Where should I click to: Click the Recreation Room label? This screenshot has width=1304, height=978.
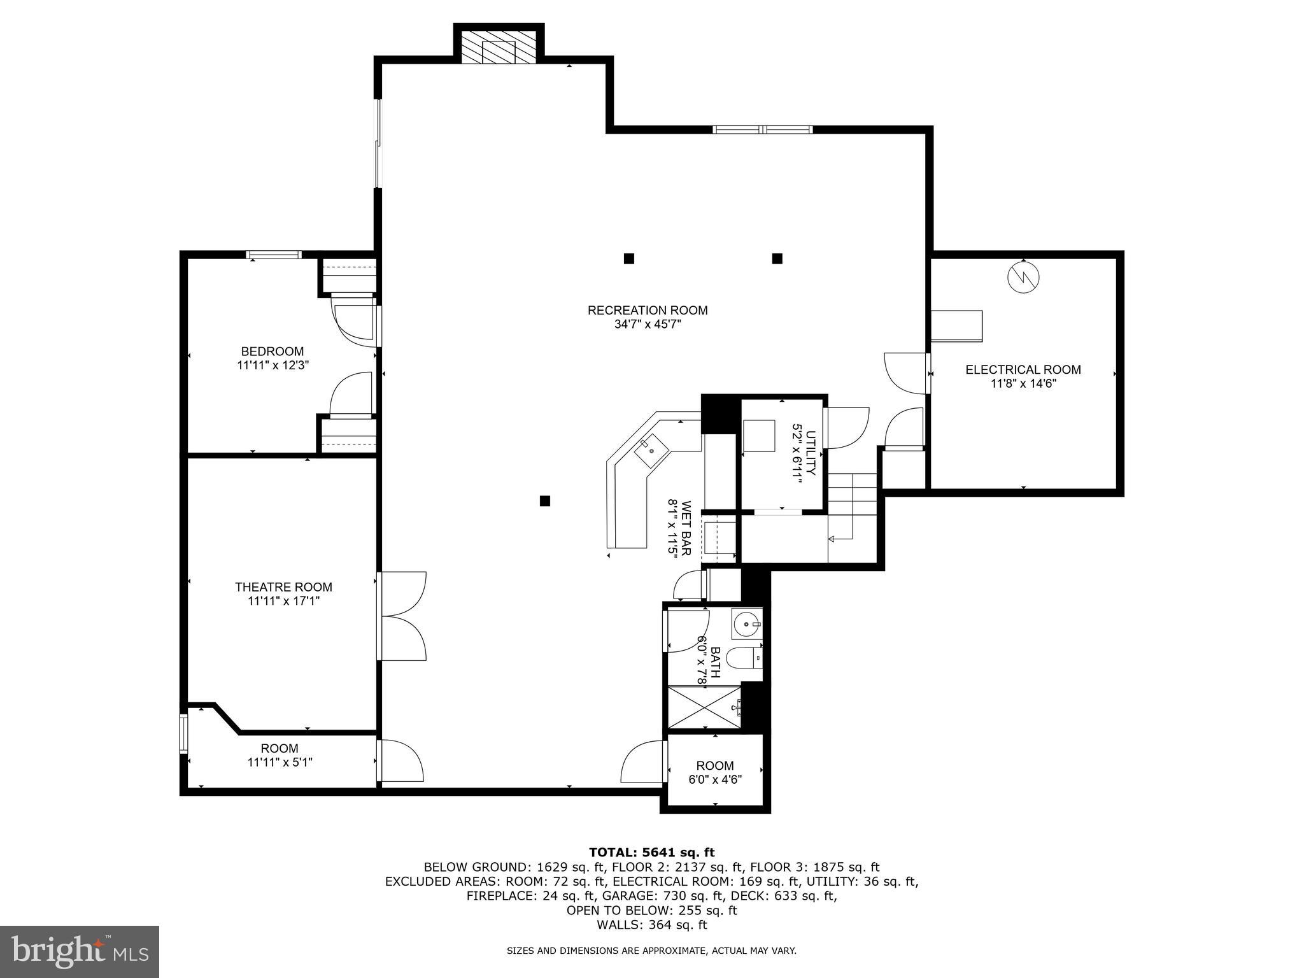[647, 310]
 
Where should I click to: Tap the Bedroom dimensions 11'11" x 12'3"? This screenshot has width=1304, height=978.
[273, 365]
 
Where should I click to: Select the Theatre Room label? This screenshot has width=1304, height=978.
[283, 586]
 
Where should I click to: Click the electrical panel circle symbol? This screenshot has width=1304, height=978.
[1023, 278]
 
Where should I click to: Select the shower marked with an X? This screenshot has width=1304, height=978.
[704, 706]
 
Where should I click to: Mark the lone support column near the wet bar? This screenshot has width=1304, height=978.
[544, 501]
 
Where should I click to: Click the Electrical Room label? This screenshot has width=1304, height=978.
[1023, 369]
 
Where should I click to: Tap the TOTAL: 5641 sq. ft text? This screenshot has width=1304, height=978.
[651, 852]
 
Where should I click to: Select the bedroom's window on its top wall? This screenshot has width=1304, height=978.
[274, 255]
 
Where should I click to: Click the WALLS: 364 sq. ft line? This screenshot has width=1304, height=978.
[651, 925]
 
